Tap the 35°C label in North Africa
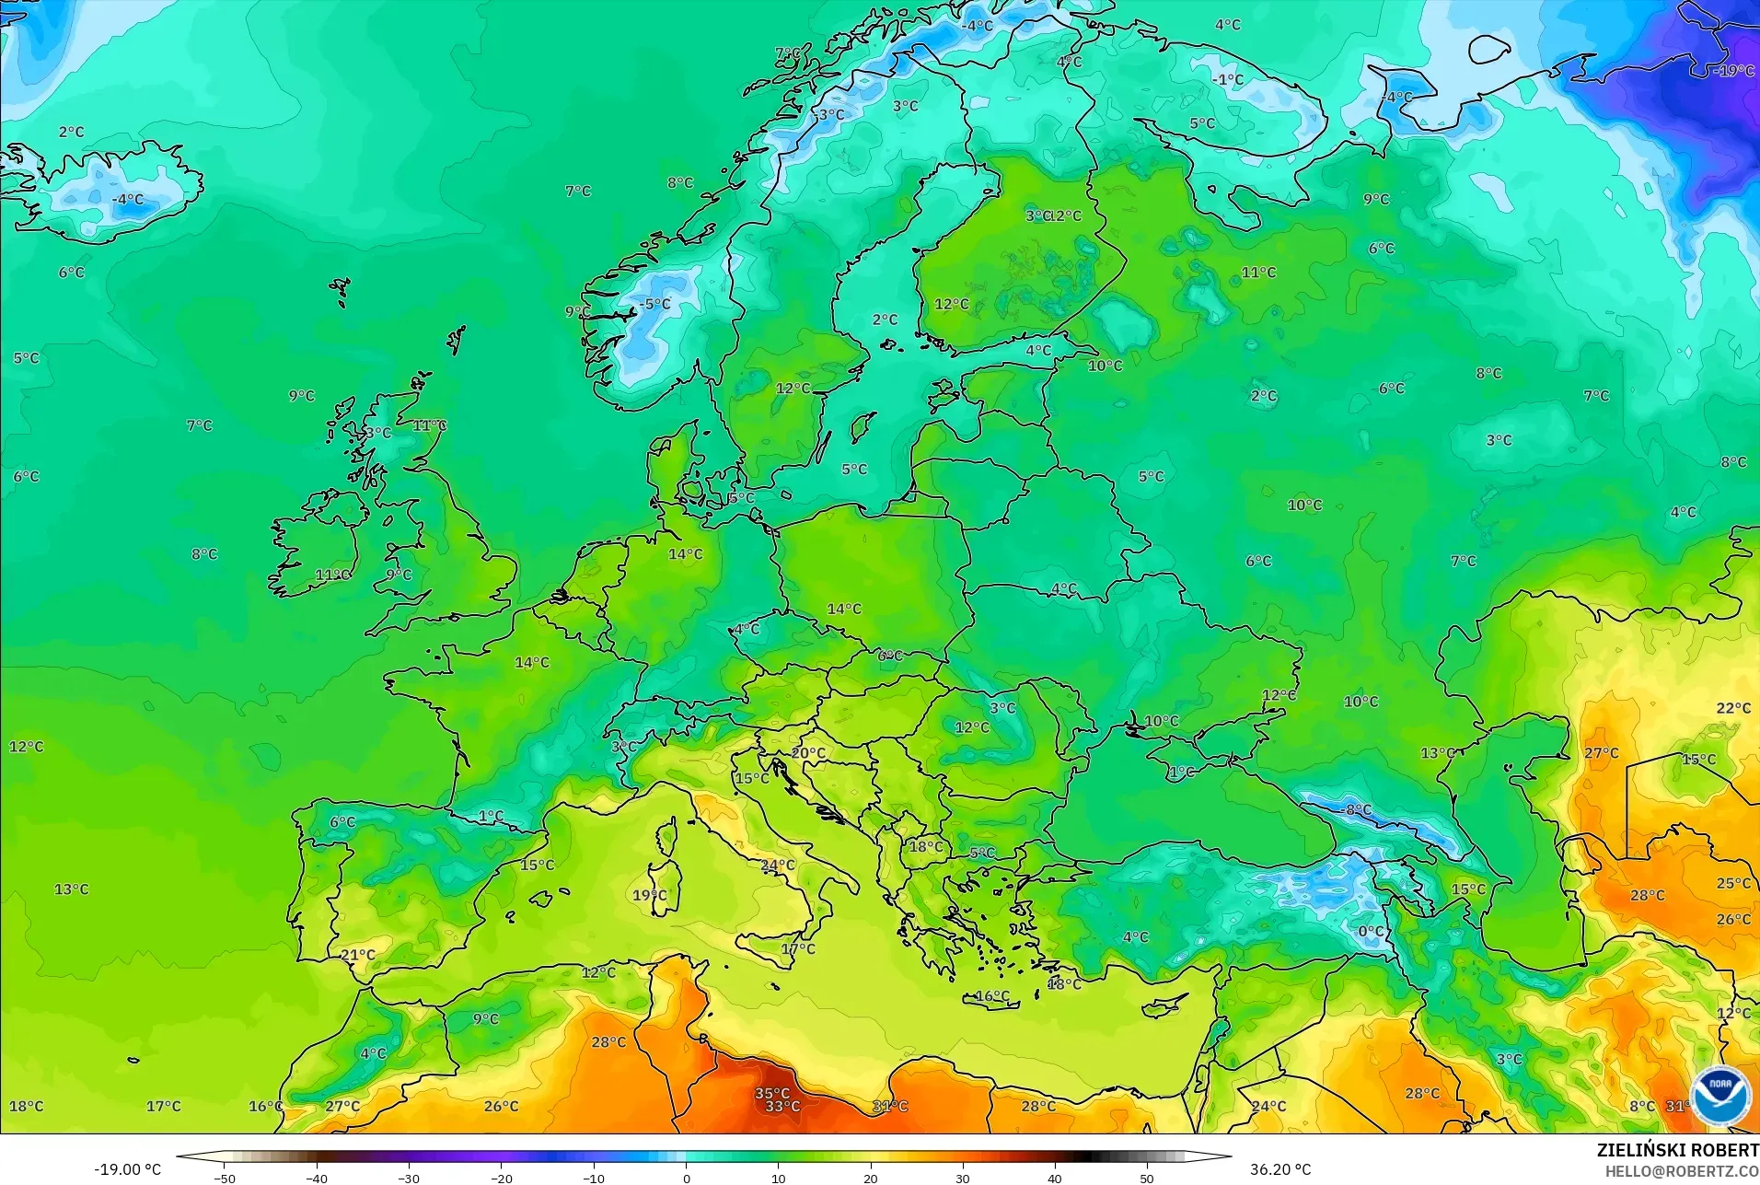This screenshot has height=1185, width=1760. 771,1094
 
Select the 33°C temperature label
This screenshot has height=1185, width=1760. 782,1107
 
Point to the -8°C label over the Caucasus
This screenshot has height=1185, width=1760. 1355,810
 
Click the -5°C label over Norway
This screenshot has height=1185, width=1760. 654,304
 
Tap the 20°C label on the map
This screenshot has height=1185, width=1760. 808,752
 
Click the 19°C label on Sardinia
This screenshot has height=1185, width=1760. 649,895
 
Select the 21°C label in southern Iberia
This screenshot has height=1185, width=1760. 357,955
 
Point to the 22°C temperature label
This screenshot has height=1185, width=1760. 1733,708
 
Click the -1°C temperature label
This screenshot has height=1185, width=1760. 1227,80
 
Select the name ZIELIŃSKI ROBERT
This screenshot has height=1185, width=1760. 1677,1151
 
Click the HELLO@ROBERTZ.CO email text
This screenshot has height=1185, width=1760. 1682,1171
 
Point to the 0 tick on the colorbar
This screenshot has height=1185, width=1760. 686,1178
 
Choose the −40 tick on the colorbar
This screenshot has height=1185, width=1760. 317,1178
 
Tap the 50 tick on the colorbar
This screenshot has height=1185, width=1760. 1146,1178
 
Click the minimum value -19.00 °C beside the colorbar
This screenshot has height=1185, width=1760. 127,1169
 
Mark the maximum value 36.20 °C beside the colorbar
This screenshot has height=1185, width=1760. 1279,1169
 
